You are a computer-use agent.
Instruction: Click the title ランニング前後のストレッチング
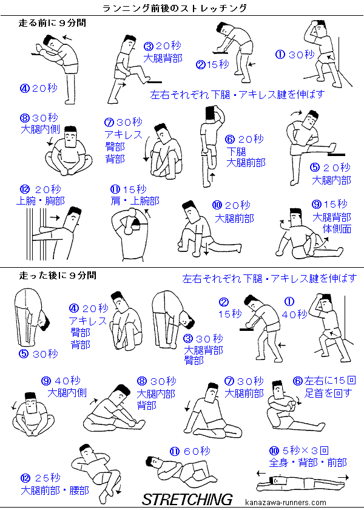click(175, 8)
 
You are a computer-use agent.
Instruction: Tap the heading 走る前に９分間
click(52, 23)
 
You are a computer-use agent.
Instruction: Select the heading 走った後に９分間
click(58, 276)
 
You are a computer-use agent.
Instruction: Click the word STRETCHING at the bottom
click(187, 499)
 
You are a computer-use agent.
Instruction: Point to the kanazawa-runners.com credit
click(286, 503)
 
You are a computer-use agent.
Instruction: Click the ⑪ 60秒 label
click(190, 451)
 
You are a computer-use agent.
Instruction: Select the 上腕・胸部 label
click(40, 201)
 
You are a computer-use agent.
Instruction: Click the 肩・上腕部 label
click(135, 201)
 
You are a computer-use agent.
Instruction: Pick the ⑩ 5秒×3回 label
click(299, 450)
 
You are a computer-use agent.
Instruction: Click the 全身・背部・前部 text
click(308, 463)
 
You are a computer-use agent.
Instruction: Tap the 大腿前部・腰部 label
click(55, 490)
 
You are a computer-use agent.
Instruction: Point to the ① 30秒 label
click(295, 54)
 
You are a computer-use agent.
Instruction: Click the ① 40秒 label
click(294, 308)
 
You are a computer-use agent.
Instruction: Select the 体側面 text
click(337, 229)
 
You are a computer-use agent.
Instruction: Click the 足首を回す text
click(328, 393)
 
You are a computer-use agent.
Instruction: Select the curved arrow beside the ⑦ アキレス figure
click(146, 149)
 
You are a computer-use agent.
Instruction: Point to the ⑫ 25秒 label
click(40, 478)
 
